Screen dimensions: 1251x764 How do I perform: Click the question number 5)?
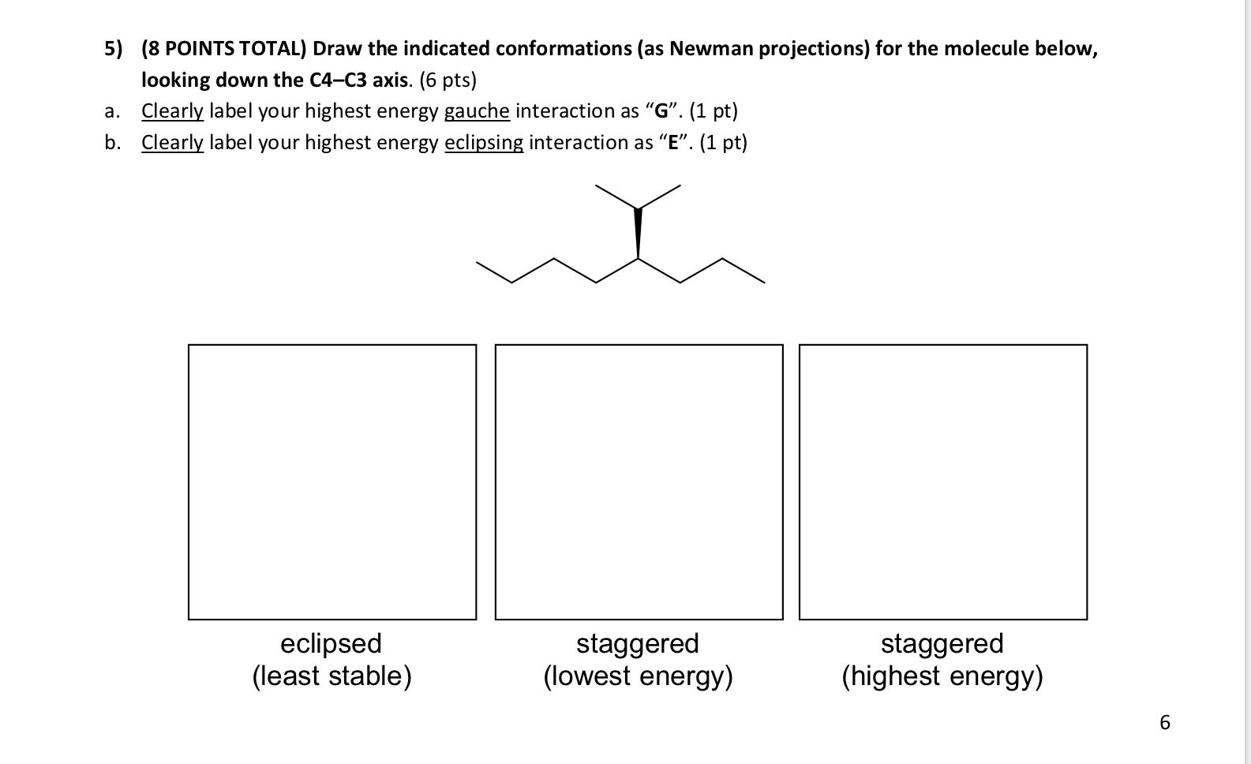pyautogui.click(x=114, y=49)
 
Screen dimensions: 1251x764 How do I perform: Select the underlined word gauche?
pyautogui.click(x=477, y=111)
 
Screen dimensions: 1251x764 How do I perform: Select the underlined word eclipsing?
pyautogui.click(x=484, y=143)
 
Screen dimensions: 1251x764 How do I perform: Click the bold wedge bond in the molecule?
pyautogui.click(x=638, y=233)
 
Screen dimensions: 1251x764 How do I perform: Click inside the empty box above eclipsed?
pyautogui.click(x=332, y=481)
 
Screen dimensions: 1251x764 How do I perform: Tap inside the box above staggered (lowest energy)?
pyautogui.click(x=639, y=481)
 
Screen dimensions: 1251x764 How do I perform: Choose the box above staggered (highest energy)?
pyautogui.click(x=942, y=481)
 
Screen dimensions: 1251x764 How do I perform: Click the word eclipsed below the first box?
pyautogui.click(x=331, y=643)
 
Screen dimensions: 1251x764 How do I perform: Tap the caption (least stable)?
pyautogui.click(x=331, y=676)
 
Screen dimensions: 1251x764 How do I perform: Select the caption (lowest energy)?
pyautogui.click(x=638, y=676)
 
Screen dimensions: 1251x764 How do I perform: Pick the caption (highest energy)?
pyautogui.click(x=942, y=676)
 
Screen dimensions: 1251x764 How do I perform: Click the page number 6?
pyautogui.click(x=1164, y=722)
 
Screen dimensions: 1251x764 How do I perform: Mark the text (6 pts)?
pyautogui.click(x=448, y=80)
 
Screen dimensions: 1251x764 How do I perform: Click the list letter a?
pyautogui.click(x=112, y=111)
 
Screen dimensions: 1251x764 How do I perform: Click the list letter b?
pyautogui.click(x=112, y=143)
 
